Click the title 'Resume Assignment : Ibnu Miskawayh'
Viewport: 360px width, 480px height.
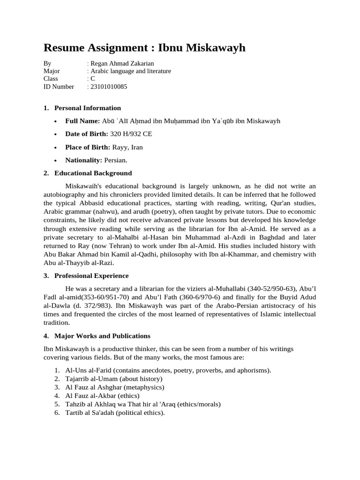pos(144,48)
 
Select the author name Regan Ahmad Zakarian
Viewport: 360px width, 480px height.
pos(122,63)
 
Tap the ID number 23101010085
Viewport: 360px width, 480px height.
pos(108,87)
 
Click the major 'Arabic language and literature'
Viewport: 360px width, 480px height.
pos(130,71)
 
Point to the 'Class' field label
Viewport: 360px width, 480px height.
pos(51,79)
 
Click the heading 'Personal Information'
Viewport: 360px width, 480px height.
pos(88,108)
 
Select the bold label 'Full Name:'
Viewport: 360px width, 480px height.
pos(82,121)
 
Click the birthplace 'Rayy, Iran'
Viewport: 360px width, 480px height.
pos(127,147)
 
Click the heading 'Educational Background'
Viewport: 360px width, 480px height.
pos(93,173)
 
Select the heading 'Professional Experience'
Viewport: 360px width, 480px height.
pos(91,276)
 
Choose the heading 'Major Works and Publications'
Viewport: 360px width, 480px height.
pos(102,336)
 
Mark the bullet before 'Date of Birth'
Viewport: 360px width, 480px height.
pos(55,135)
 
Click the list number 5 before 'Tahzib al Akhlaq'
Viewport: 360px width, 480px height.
pos(56,404)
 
